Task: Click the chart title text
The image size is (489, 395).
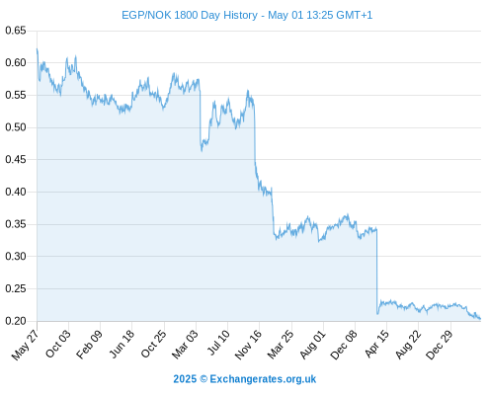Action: pos(247,15)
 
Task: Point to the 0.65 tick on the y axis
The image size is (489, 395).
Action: pos(16,31)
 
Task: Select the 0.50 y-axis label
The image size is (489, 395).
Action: pos(16,127)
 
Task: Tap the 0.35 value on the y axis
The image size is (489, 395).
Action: pos(16,224)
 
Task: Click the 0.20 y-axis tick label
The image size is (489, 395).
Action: pos(16,321)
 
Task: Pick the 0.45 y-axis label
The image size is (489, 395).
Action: pos(16,160)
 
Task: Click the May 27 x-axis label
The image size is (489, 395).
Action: pos(26,345)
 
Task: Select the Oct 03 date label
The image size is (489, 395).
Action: pos(58,344)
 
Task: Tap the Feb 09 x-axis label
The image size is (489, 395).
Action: pos(89,345)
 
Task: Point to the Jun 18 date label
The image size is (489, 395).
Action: pos(122,344)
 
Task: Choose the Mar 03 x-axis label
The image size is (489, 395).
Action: pos(185,345)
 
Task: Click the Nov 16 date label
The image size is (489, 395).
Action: pos(248,345)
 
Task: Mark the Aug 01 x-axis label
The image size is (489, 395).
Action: pos(312,345)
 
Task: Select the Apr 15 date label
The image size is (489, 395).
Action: pos(376,344)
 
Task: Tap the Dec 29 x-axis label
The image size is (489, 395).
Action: pos(440,345)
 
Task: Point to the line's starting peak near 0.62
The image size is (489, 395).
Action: pos(37,49)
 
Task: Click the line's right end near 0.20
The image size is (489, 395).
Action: pos(480,319)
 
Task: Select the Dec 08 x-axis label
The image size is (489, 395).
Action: pos(344,345)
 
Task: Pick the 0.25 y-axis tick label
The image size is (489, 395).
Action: pos(16,288)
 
